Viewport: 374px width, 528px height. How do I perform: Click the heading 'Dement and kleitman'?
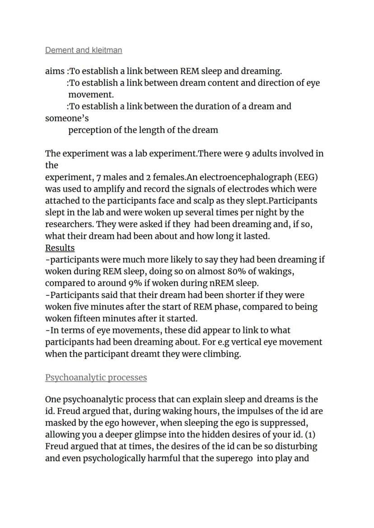pos(84,50)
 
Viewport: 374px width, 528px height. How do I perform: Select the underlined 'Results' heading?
pos(60,248)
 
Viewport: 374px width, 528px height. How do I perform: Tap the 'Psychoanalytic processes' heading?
pos(96,377)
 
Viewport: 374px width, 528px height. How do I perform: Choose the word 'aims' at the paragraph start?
pos(55,71)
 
